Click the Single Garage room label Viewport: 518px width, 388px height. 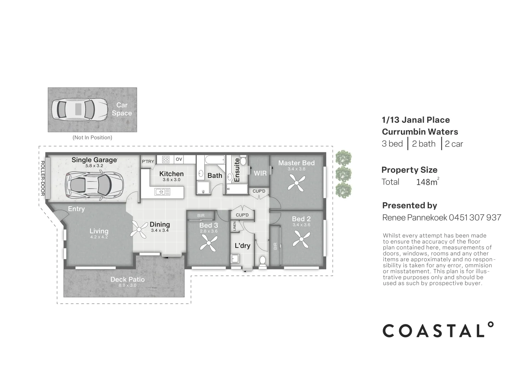[94, 160]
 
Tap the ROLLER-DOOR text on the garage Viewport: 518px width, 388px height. [42, 178]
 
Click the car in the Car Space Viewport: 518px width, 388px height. [79, 110]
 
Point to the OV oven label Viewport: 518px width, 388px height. [179, 159]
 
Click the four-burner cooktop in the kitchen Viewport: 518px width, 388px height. [166, 160]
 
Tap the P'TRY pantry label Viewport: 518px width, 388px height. [148, 161]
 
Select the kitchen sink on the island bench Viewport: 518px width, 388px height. [162, 192]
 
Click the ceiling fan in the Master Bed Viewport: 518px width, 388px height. [296, 183]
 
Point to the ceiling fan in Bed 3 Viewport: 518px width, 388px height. [208, 243]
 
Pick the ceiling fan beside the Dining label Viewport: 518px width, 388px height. [139, 229]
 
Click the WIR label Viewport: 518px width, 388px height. [260, 173]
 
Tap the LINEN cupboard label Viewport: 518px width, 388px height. [235, 226]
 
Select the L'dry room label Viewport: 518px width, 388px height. [242, 246]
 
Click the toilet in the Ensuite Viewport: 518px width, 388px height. [244, 160]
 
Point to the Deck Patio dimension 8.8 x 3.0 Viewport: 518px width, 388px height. [127, 285]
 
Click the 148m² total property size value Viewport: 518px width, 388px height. [428, 182]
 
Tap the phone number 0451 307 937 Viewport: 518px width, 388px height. [475, 217]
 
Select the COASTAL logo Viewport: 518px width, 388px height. [438, 330]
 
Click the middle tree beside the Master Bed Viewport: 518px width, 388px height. [344, 174]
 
